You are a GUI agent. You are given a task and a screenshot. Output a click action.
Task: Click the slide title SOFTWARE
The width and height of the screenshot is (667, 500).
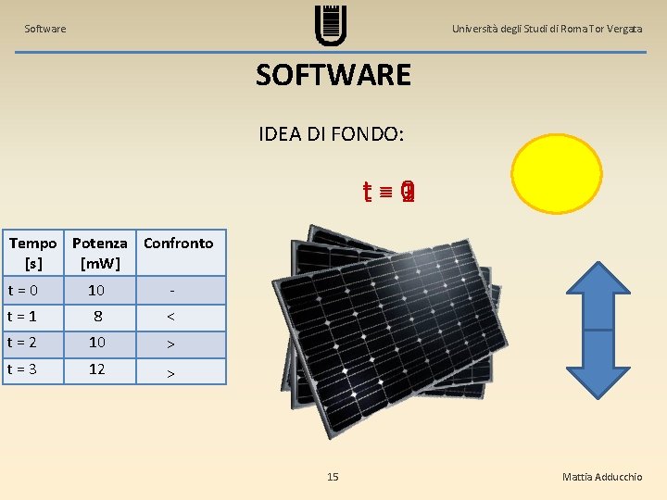pyautogui.click(x=333, y=74)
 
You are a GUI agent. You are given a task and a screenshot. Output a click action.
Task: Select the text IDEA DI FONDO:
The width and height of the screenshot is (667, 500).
pyautogui.click(x=332, y=133)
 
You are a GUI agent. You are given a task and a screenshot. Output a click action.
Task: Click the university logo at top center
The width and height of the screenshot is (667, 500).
pyautogui.click(x=331, y=24)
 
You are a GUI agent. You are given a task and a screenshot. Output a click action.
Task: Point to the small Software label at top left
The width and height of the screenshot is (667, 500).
pyautogui.click(x=45, y=29)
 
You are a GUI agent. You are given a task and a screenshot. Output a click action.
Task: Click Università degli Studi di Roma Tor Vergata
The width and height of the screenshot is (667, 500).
pyautogui.click(x=547, y=29)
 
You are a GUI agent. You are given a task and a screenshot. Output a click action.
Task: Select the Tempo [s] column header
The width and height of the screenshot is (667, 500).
pyautogui.click(x=32, y=253)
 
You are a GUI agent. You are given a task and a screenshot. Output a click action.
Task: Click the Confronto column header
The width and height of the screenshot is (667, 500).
pyautogui.click(x=178, y=244)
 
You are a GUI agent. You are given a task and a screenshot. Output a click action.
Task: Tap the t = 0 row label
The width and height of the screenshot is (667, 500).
pyautogui.click(x=23, y=291)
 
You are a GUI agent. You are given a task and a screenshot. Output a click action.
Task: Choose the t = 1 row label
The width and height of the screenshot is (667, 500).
pyautogui.click(x=23, y=317)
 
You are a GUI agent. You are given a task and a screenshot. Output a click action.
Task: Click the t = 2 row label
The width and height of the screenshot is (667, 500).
pyautogui.click(x=23, y=343)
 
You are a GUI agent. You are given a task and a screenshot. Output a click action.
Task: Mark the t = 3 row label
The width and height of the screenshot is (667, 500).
pyautogui.click(x=23, y=369)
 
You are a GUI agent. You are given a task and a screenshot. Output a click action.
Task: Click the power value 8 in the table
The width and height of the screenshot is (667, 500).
pyautogui.click(x=96, y=317)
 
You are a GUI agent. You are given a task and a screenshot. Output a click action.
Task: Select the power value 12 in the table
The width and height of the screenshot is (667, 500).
pyautogui.click(x=96, y=369)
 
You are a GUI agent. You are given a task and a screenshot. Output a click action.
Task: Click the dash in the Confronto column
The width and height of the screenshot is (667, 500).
pyautogui.click(x=171, y=291)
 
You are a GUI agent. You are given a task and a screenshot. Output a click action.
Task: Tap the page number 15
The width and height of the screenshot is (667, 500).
pyautogui.click(x=333, y=477)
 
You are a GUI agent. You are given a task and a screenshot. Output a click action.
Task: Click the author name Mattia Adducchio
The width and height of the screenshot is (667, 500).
pyautogui.click(x=601, y=477)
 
